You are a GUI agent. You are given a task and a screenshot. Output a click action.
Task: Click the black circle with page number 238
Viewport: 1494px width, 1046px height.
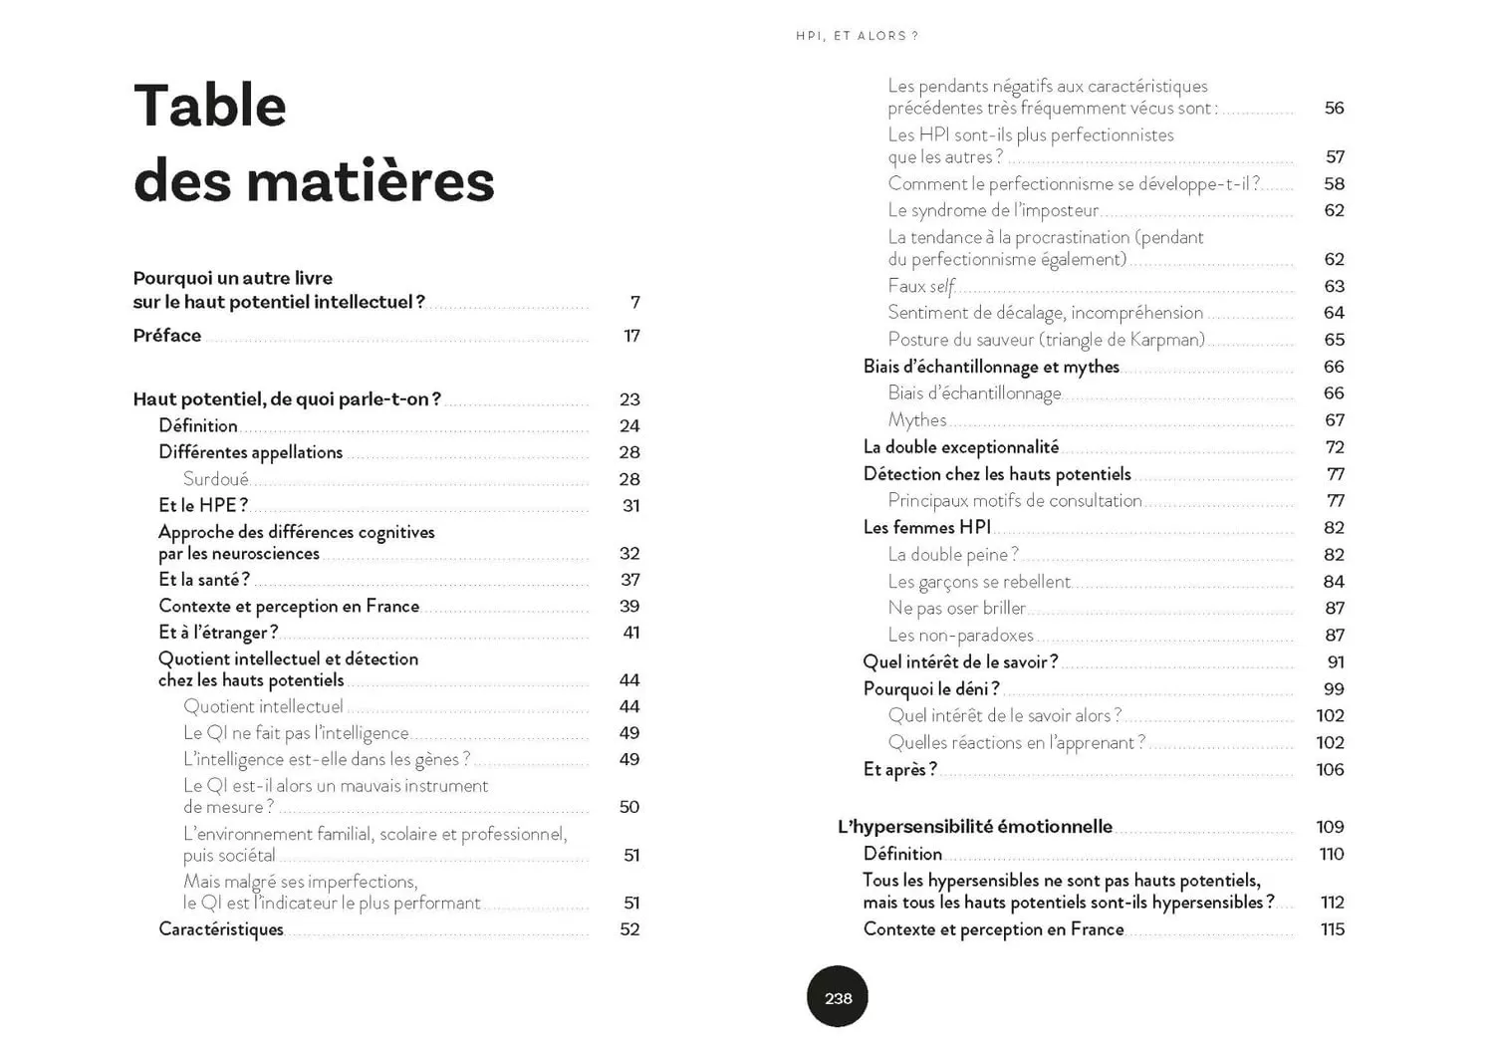(x=838, y=997)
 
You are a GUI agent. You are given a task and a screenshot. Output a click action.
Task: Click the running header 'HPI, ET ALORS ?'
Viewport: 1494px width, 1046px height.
(x=857, y=36)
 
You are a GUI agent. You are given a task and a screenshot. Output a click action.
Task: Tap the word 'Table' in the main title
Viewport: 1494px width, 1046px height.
(x=210, y=106)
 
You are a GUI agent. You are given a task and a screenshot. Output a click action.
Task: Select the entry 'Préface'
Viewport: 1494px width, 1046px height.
(x=167, y=336)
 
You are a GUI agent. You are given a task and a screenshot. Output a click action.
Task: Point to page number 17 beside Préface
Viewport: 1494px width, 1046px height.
(x=631, y=336)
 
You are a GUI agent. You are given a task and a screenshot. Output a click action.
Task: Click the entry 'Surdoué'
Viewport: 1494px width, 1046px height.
(x=215, y=479)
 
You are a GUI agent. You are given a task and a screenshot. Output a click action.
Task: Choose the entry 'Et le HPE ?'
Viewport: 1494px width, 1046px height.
(x=203, y=505)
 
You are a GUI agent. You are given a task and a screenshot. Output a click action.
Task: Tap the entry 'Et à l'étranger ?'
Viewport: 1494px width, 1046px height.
(x=218, y=633)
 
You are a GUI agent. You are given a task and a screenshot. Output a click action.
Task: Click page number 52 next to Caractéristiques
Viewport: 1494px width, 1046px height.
(x=629, y=929)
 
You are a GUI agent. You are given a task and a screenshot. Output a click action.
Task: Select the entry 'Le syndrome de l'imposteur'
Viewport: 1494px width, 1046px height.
(x=993, y=210)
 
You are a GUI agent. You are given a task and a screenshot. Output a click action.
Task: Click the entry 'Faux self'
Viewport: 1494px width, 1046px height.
(x=921, y=286)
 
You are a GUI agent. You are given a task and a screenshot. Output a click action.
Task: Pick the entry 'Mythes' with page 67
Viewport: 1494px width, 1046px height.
(x=917, y=420)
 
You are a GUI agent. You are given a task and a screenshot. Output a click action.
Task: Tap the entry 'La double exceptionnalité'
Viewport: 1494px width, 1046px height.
(x=961, y=447)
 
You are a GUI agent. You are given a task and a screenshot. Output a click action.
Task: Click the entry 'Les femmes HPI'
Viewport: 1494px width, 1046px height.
(x=927, y=528)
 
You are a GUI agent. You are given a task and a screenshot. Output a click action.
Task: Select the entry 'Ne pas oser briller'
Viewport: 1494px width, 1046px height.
(x=956, y=608)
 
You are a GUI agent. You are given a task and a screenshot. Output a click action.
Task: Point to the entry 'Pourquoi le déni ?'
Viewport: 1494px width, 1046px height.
(x=931, y=688)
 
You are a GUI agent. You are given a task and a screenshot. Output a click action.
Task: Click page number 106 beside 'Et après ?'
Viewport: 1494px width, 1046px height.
(x=1330, y=769)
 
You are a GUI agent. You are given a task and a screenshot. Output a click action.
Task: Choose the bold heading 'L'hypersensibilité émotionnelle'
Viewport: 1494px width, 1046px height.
(x=975, y=827)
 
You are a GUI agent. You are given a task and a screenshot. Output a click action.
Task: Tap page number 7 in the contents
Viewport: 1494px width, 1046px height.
(x=634, y=302)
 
